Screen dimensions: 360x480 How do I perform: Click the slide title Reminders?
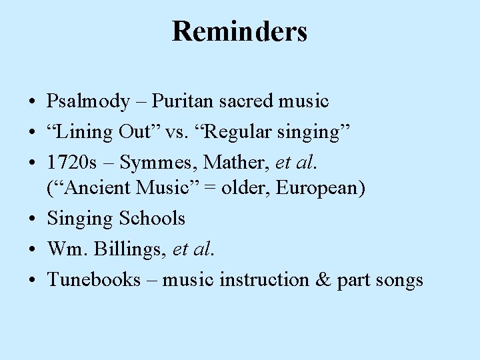pyautogui.click(x=239, y=31)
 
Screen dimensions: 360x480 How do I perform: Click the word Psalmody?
pyautogui.click(x=88, y=101)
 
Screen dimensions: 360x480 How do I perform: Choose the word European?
pyautogui.click(x=319, y=189)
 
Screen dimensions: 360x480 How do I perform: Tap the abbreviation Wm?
pyautogui.click(x=65, y=249)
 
